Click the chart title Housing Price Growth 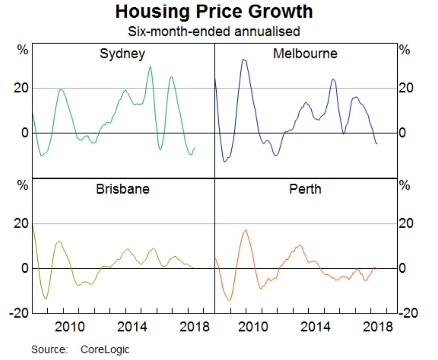pos(214,11)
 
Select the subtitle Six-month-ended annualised pos(214,31)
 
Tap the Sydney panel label pos(122,54)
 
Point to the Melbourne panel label pos(305,53)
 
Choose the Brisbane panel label pos(122,189)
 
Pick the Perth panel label pos(305,189)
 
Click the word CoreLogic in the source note pos(105,350)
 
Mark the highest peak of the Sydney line pos(150,66)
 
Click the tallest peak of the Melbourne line pos(244,59)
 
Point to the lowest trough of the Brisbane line pos(46,298)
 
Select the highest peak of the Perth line pos(246,229)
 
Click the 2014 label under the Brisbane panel pos(132,327)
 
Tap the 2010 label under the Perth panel pos(253,327)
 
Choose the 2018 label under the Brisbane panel pos(194,327)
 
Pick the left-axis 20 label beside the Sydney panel pos(21,88)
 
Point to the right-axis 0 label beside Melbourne pos(402,133)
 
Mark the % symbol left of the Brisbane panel pos(23,185)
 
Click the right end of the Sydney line pos(194,148)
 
